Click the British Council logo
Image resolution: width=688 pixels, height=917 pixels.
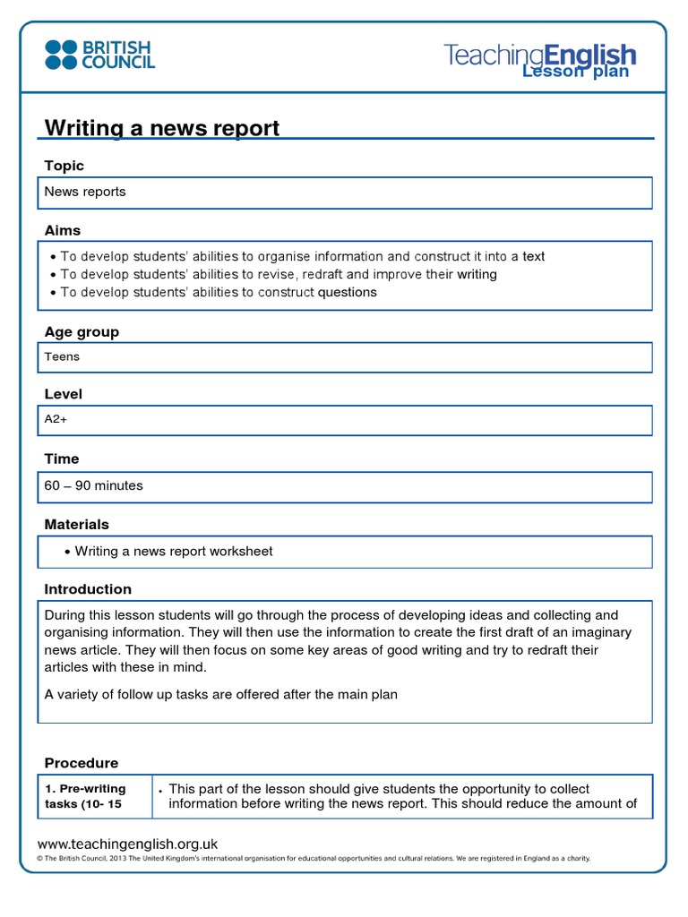point(100,54)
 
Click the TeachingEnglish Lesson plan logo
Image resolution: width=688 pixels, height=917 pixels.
point(539,59)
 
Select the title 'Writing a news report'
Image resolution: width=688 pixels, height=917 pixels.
point(162,128)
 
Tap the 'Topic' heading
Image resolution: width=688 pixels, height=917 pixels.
point(64,166)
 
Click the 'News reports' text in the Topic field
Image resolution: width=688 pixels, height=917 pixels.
point(85,192)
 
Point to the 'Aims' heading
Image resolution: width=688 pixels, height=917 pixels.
point(63,230)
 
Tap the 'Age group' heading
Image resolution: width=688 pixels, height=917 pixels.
point(82,332)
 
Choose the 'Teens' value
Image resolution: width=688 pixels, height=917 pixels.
point(62,356)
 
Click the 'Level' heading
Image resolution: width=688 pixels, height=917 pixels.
point(64,394)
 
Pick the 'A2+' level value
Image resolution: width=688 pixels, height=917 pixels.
point(56,418)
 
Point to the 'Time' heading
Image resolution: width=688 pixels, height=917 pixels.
point(62,458)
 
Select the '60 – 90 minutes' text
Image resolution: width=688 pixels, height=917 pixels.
point(93,485)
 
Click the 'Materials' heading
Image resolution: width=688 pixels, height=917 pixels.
point(77,524)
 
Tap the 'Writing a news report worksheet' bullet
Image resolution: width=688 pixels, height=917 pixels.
point(173,551)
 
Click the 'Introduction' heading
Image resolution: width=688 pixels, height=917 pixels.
point(88,589)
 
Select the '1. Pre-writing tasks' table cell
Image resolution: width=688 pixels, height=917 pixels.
point(94,796)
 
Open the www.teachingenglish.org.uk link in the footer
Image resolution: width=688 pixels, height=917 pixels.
point(127,844)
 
